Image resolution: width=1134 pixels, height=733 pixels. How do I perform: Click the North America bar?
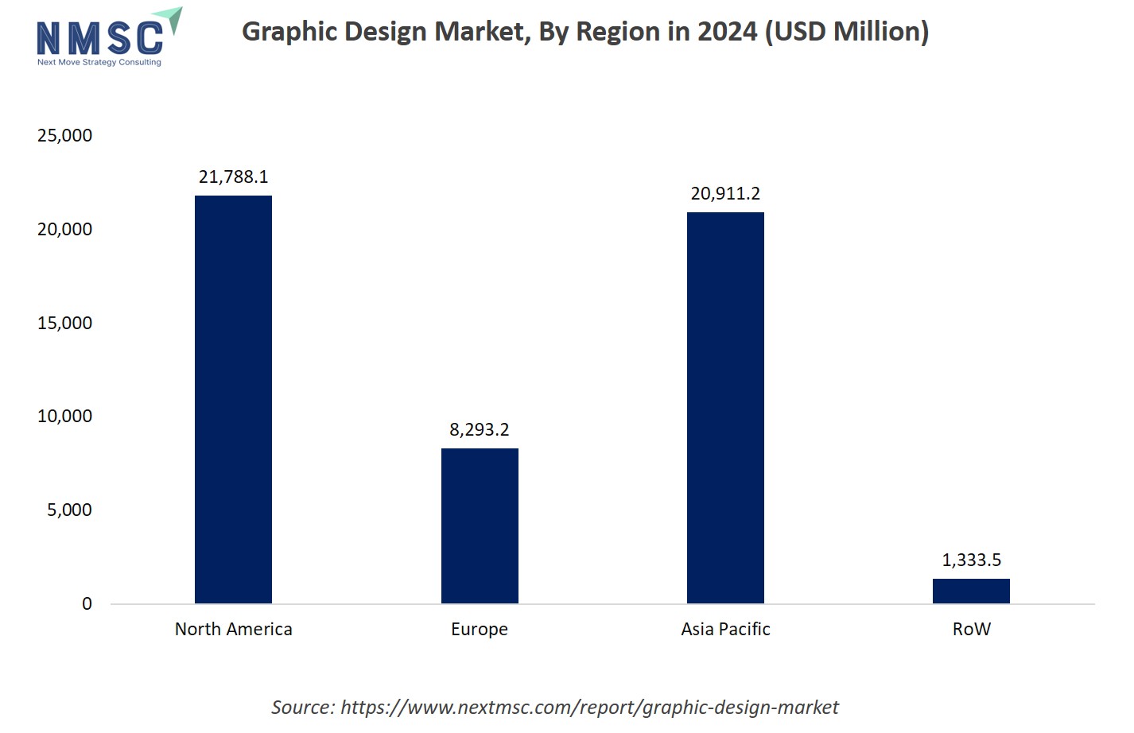(233, 399)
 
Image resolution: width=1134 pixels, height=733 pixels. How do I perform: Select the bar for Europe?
(480, 526)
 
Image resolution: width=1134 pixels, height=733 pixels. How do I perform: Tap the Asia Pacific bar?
(725, 407)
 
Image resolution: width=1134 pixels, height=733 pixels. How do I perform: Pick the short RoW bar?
(971, 591)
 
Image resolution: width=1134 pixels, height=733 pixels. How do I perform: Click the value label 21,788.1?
(233, 177)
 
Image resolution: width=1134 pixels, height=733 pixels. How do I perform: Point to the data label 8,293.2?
(480, 430)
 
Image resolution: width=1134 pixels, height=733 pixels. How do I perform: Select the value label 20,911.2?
(725, 194)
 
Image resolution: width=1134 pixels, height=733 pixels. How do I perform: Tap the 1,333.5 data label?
(971, 560)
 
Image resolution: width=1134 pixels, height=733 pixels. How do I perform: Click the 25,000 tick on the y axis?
(64, 136)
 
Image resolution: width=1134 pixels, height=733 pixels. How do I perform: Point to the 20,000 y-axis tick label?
(64, 230)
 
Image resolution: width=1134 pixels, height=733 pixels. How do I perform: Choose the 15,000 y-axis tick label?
(64, 324)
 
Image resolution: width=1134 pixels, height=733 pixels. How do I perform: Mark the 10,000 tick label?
(64, 417)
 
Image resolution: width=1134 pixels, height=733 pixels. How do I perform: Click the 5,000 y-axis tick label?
(69, 510)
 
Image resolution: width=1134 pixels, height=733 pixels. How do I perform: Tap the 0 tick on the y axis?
(87, 604)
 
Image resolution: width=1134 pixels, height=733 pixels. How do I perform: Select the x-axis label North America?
(233, 630)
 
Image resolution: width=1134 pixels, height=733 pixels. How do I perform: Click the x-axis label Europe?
(480, 630)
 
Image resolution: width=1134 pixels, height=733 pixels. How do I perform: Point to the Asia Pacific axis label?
(725, 630)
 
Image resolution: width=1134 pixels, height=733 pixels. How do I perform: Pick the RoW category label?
(971, 630)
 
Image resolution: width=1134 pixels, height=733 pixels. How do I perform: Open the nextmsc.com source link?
(588, 708)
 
